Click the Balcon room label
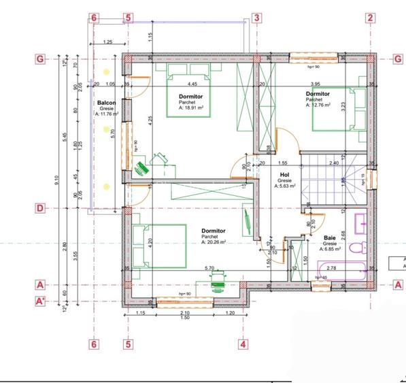(x=106, y=103)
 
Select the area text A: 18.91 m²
(x=190, y=107)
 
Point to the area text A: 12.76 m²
(x=318, y=105)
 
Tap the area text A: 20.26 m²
(x=214, y=242)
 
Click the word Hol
(x=284, y=174)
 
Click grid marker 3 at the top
(x=256, y=18)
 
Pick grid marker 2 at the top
(x=370, y=18)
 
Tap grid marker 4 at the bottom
(x=242, y=344)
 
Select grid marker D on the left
(x=41, y=207)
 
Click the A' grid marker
(x=41, y=300)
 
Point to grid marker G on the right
(x=398, y=59)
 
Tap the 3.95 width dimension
(x=315, y=84)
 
